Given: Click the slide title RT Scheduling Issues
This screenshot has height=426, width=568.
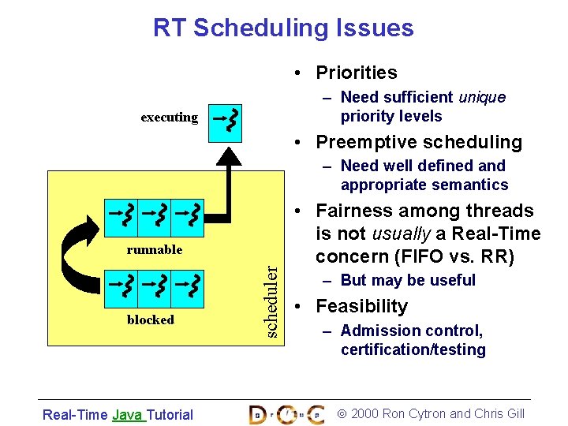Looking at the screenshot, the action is tap(283, 28).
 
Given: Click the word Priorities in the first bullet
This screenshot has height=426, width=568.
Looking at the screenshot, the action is tap(357, 73).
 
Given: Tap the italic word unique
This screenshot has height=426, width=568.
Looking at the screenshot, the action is tap(480, 97).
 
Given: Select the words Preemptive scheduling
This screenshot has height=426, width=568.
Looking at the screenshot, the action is tap(419, 142).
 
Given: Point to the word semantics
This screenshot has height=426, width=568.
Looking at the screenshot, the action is tap(469, 185).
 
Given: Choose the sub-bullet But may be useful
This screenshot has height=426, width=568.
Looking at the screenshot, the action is tap(408, 280).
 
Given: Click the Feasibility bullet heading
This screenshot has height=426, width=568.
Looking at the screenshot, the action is tap(362, 306).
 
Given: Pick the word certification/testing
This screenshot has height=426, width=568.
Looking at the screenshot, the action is tap(413, 349).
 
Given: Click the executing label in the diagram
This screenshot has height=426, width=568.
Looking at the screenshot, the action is tap(170, 118).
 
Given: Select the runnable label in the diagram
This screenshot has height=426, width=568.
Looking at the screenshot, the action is tap(155, 249).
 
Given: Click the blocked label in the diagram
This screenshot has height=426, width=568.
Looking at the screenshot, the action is tap(150, 319).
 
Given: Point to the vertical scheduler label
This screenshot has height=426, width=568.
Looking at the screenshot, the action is tap(271, 301).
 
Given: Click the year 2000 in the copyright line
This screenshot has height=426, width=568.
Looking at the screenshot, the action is tap(364, 413).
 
